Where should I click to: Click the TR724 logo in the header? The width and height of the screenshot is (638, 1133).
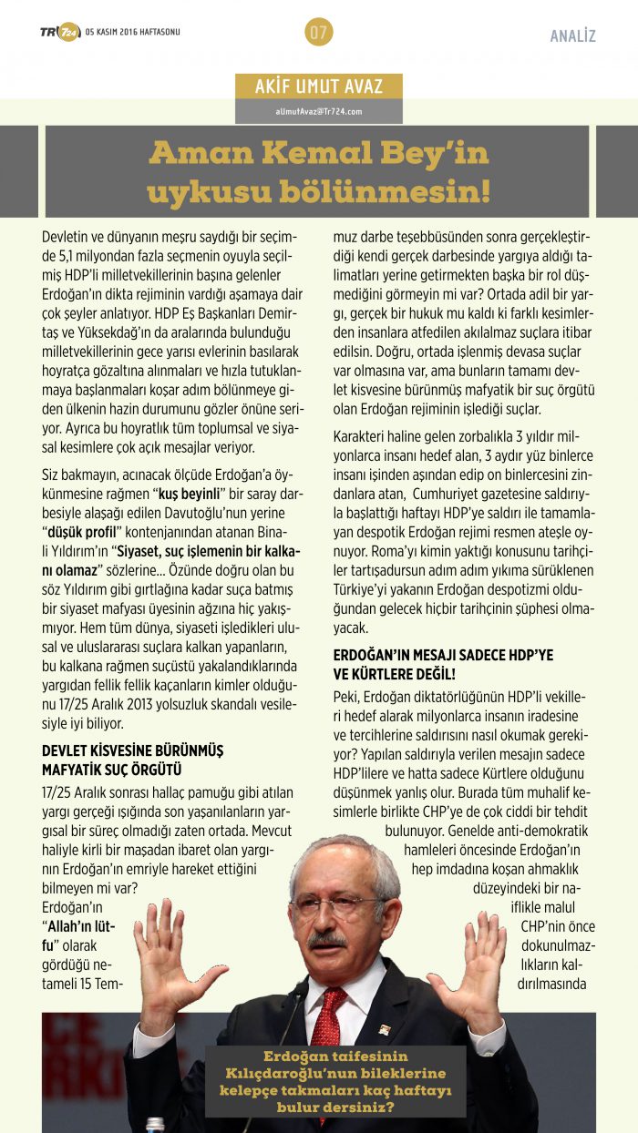click(x=60, y=33)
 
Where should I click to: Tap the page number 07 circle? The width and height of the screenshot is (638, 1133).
click(x=318, y=34)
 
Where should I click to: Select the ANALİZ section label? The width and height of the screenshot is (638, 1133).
click(x=572, y=36)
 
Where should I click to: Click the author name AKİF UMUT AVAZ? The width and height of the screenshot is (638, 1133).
click(x=319, y=87)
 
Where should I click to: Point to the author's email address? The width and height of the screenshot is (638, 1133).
click(x=319, y=111)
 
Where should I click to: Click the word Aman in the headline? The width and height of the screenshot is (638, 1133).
click(x=188, y=153)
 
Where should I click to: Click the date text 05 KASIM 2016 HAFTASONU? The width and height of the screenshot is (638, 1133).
click(x=133, y=33)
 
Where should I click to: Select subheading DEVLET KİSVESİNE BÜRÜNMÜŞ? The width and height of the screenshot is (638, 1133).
click(x=133, y=750)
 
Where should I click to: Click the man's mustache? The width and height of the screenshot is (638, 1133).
click(x=328, y=939)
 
